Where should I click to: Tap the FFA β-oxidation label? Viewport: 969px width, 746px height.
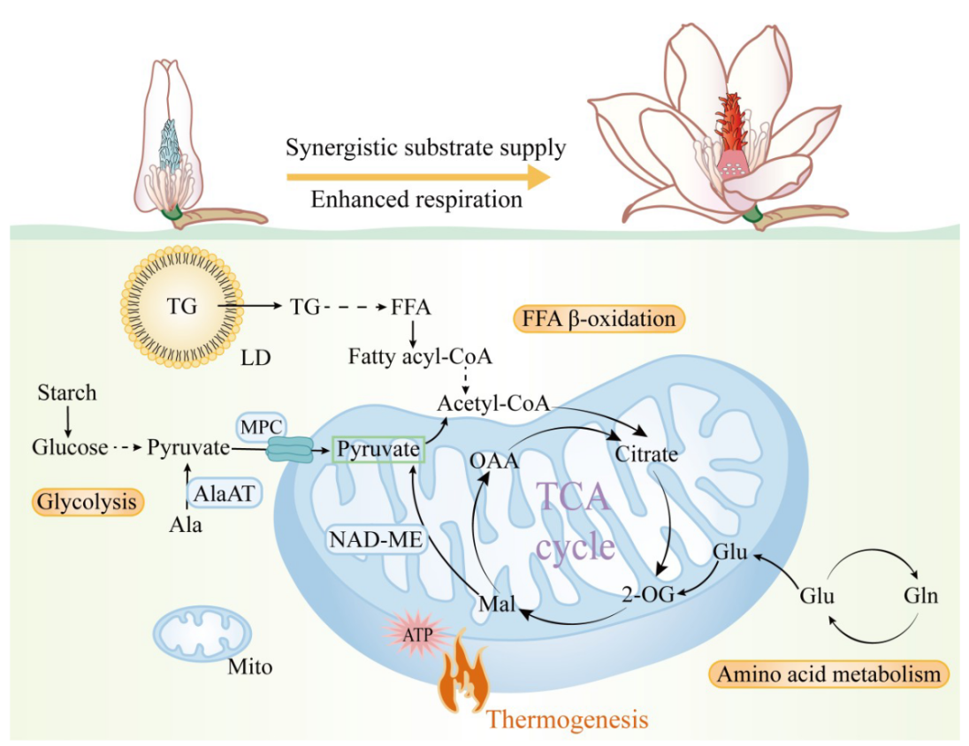[x=599, y=317]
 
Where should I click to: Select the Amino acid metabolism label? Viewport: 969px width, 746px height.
[x=828, y=674]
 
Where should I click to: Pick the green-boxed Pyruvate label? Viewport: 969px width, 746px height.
[x=378, y=449]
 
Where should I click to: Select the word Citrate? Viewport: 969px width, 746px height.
[x=646, y=454]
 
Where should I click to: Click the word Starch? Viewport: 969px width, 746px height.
[x=67, y=392]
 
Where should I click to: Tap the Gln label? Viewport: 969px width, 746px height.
[x=920, y=595]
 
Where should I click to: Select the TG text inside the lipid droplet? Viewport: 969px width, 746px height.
[x=183, y=307]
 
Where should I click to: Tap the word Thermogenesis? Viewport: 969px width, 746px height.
[x=567, y=719]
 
